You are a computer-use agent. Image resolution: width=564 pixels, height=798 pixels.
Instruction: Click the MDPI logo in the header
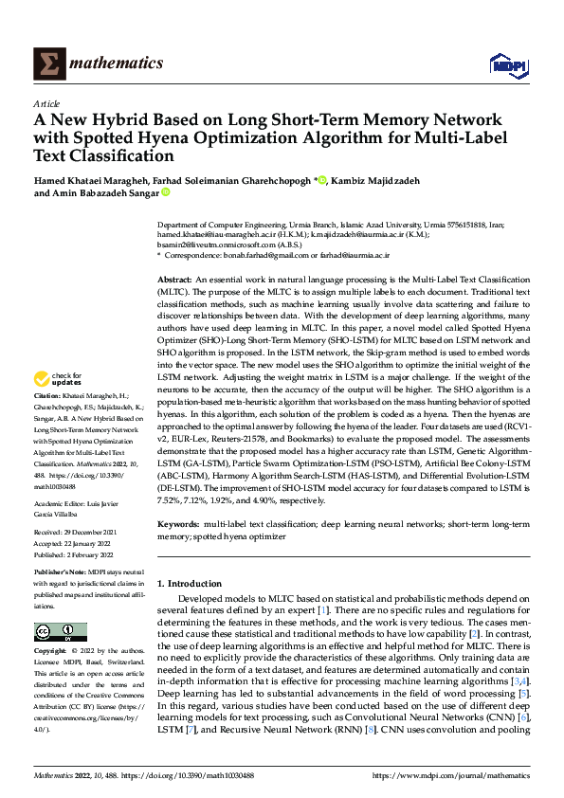[506, 63]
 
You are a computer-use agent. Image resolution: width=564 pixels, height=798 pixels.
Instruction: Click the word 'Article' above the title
[46, 103]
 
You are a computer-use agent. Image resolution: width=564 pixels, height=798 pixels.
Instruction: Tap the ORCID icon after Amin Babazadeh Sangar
[165, 192]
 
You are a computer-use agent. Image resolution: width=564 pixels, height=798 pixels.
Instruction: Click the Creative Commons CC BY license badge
[61, 632]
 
